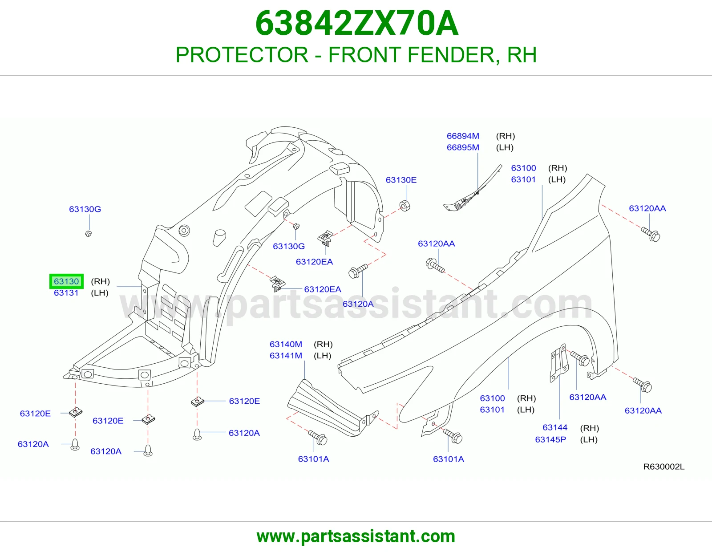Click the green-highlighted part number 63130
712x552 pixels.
tap(66, 281)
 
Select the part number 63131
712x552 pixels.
tap(66, 293)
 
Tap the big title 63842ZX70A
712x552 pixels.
tap(356, 24)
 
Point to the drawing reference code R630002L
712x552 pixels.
tap(664, 467)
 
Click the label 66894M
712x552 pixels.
tap(463, 136)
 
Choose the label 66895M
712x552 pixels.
tap(463, 147)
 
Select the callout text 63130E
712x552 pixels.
tap(401, 180)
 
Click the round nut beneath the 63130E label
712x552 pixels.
tap(405, 206)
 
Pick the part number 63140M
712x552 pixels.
tap(286, 344)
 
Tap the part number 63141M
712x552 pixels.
tap(286, 356)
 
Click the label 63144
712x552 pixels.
tap(555, 427)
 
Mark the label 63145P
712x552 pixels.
tap(550, 439)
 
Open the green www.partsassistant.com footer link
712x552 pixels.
tap(356, 536)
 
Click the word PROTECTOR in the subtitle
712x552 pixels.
tap(242, 55)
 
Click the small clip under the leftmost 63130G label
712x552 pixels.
tap(89, 234)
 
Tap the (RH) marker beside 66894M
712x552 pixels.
tap(505, 136)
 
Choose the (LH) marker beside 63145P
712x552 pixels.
tap(589, 439)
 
